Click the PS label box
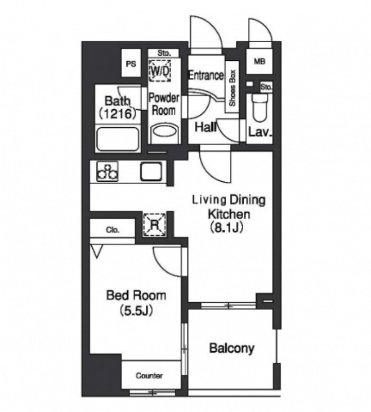(131, 63)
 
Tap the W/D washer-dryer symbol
(160, 71)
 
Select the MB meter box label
(259, 61)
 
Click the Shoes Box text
(232, 88)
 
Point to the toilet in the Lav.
(260, 107)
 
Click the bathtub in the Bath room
(118, 139)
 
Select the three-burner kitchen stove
(107, 171)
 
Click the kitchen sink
(151, 171)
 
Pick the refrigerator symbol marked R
(155, 225)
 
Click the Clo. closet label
(112, 230)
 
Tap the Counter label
(149, 376)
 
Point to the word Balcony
(232, 349)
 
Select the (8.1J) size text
(226, 228)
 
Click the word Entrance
(207, 75)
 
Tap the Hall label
(206, 127)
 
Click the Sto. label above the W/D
(164, 53)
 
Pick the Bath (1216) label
(117, 108)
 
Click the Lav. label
(260, 132)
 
